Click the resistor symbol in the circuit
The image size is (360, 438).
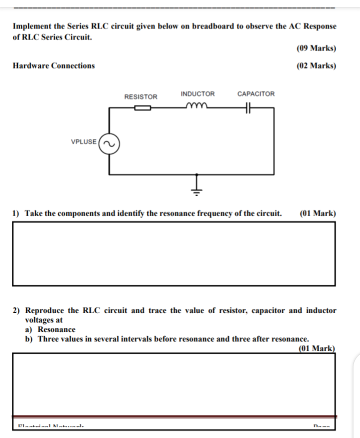click(x=142, y=107)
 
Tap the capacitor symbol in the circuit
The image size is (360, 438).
click(x=247, y=107)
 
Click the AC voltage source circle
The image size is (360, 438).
click(x=109, y=144)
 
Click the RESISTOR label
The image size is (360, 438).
click(x=140, y=97)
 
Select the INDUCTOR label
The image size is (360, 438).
click(x=197, y=94)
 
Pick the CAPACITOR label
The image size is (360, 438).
click(x=255, y=94)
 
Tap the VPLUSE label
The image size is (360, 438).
click(x=84, y=141)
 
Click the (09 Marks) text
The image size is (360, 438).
click(x=316, y=48)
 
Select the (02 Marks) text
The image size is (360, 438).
click(x=316, y=65)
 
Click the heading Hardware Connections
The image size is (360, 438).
click(x=53, y=65)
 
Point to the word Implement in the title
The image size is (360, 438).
click(x=31, y=26)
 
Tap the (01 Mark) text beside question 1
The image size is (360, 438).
click(x=317, y=213)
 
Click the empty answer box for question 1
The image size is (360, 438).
click(x=173, y=253)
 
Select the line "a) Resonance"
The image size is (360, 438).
click(x=50, y=329)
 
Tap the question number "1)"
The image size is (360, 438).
click(x=16, y=213)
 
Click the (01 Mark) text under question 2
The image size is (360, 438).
click(x=316, y=348)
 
